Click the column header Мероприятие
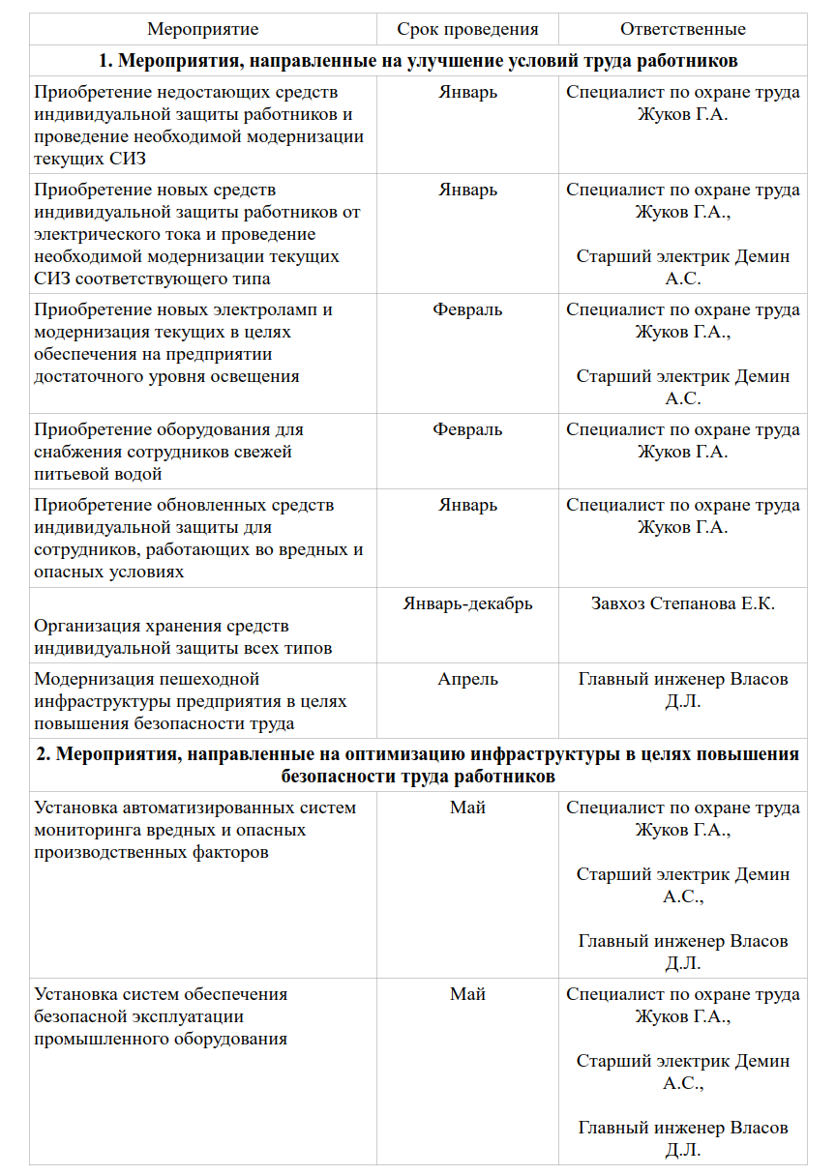pos(203,29)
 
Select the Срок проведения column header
pos(467,29)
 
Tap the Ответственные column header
pos(682,29)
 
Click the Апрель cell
pos(467,679)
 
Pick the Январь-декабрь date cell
pos(467,603)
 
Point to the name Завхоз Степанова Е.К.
pos(682,603)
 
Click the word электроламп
pos(262,309)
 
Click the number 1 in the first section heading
pos(104,61)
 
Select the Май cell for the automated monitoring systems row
pos(467,808)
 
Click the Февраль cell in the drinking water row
pos(467,429)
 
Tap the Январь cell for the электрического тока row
pos(467,190)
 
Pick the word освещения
pos(255,376)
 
